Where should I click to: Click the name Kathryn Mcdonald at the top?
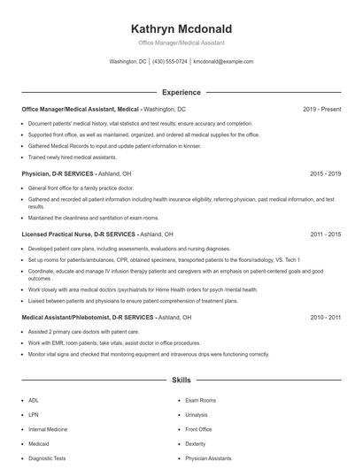tap(181, 28)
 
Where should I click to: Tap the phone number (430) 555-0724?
tap(170, 62)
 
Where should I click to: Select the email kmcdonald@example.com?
tap(223, 62)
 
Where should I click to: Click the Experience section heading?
tap(181, 92)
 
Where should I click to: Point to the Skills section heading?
tap(181, 380)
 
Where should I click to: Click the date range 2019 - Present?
tap(321, 109)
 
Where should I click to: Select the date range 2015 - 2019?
tap(325, 174)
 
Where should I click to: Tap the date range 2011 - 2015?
tap(325, 234)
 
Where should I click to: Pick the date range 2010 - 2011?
tap(325, 317)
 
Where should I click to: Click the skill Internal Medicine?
tap(49, 429)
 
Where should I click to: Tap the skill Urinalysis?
tap(197, 414)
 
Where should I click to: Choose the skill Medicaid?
tap(40, 444)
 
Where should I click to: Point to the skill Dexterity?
tap(195, 444)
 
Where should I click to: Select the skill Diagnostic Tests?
tap(47, 459)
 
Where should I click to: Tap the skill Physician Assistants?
tap(208, 459)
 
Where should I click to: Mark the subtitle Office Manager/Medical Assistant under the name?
tap(181, 42)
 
